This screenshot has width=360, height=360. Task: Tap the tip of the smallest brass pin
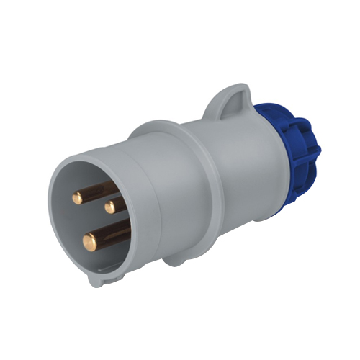tap(110, 207)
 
